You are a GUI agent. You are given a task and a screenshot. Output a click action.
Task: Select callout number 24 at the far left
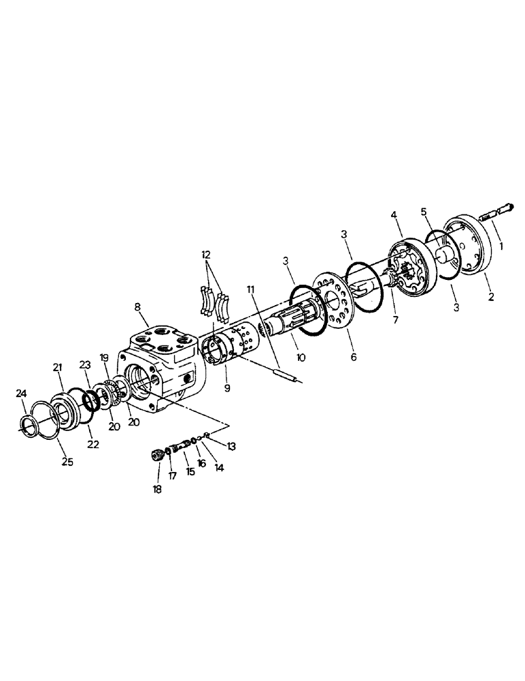[21, 393]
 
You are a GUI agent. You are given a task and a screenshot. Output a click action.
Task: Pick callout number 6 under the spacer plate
[353, 356]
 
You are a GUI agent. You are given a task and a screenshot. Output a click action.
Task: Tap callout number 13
[232, 446]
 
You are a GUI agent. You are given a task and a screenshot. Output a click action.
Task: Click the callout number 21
[58, 368]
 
